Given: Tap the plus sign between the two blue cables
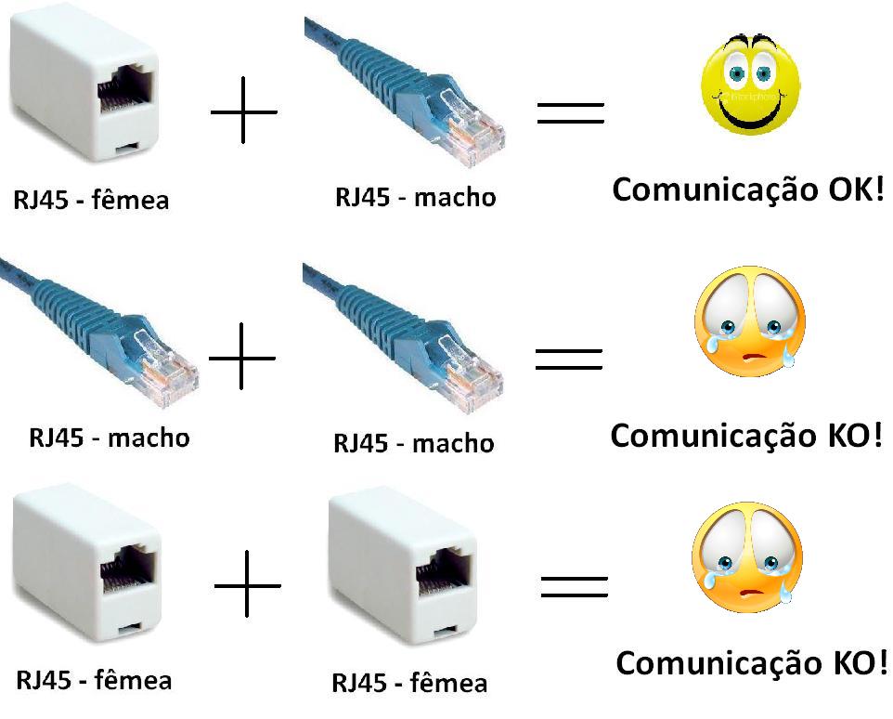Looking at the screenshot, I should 241,357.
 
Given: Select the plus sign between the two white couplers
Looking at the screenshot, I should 247,584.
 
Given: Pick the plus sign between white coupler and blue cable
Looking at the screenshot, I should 243,111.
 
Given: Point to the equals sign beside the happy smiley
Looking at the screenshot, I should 571,112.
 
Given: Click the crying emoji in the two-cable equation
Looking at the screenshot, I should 749,320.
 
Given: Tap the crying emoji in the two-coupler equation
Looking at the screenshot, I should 746,556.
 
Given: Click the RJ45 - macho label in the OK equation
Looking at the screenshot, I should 415,197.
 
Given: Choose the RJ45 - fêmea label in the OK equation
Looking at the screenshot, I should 90,199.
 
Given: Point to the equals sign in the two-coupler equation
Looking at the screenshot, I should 574,586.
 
